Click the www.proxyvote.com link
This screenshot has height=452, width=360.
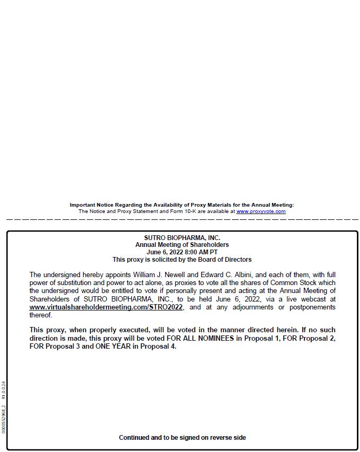click(x=260, y=211)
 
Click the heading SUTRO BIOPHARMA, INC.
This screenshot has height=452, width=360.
click(x=182, y=238)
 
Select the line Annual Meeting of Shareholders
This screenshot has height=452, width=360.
click(x=182, y=245)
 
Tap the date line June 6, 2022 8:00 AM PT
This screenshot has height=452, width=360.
click(x=182, y=252)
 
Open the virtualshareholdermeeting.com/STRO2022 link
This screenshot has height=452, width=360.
click(x=106, y=307)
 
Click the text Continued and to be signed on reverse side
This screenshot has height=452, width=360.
click(x=182, y=438)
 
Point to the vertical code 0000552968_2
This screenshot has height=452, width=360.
click(x=4, y=419)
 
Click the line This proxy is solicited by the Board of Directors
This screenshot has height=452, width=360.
click(x=182, y=260)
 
